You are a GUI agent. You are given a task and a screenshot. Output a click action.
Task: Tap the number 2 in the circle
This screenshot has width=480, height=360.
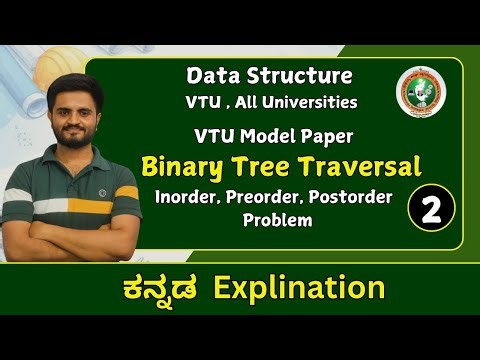(x=432, y=209)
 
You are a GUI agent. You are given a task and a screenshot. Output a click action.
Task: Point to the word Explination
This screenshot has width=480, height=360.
(x=314, y=289)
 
